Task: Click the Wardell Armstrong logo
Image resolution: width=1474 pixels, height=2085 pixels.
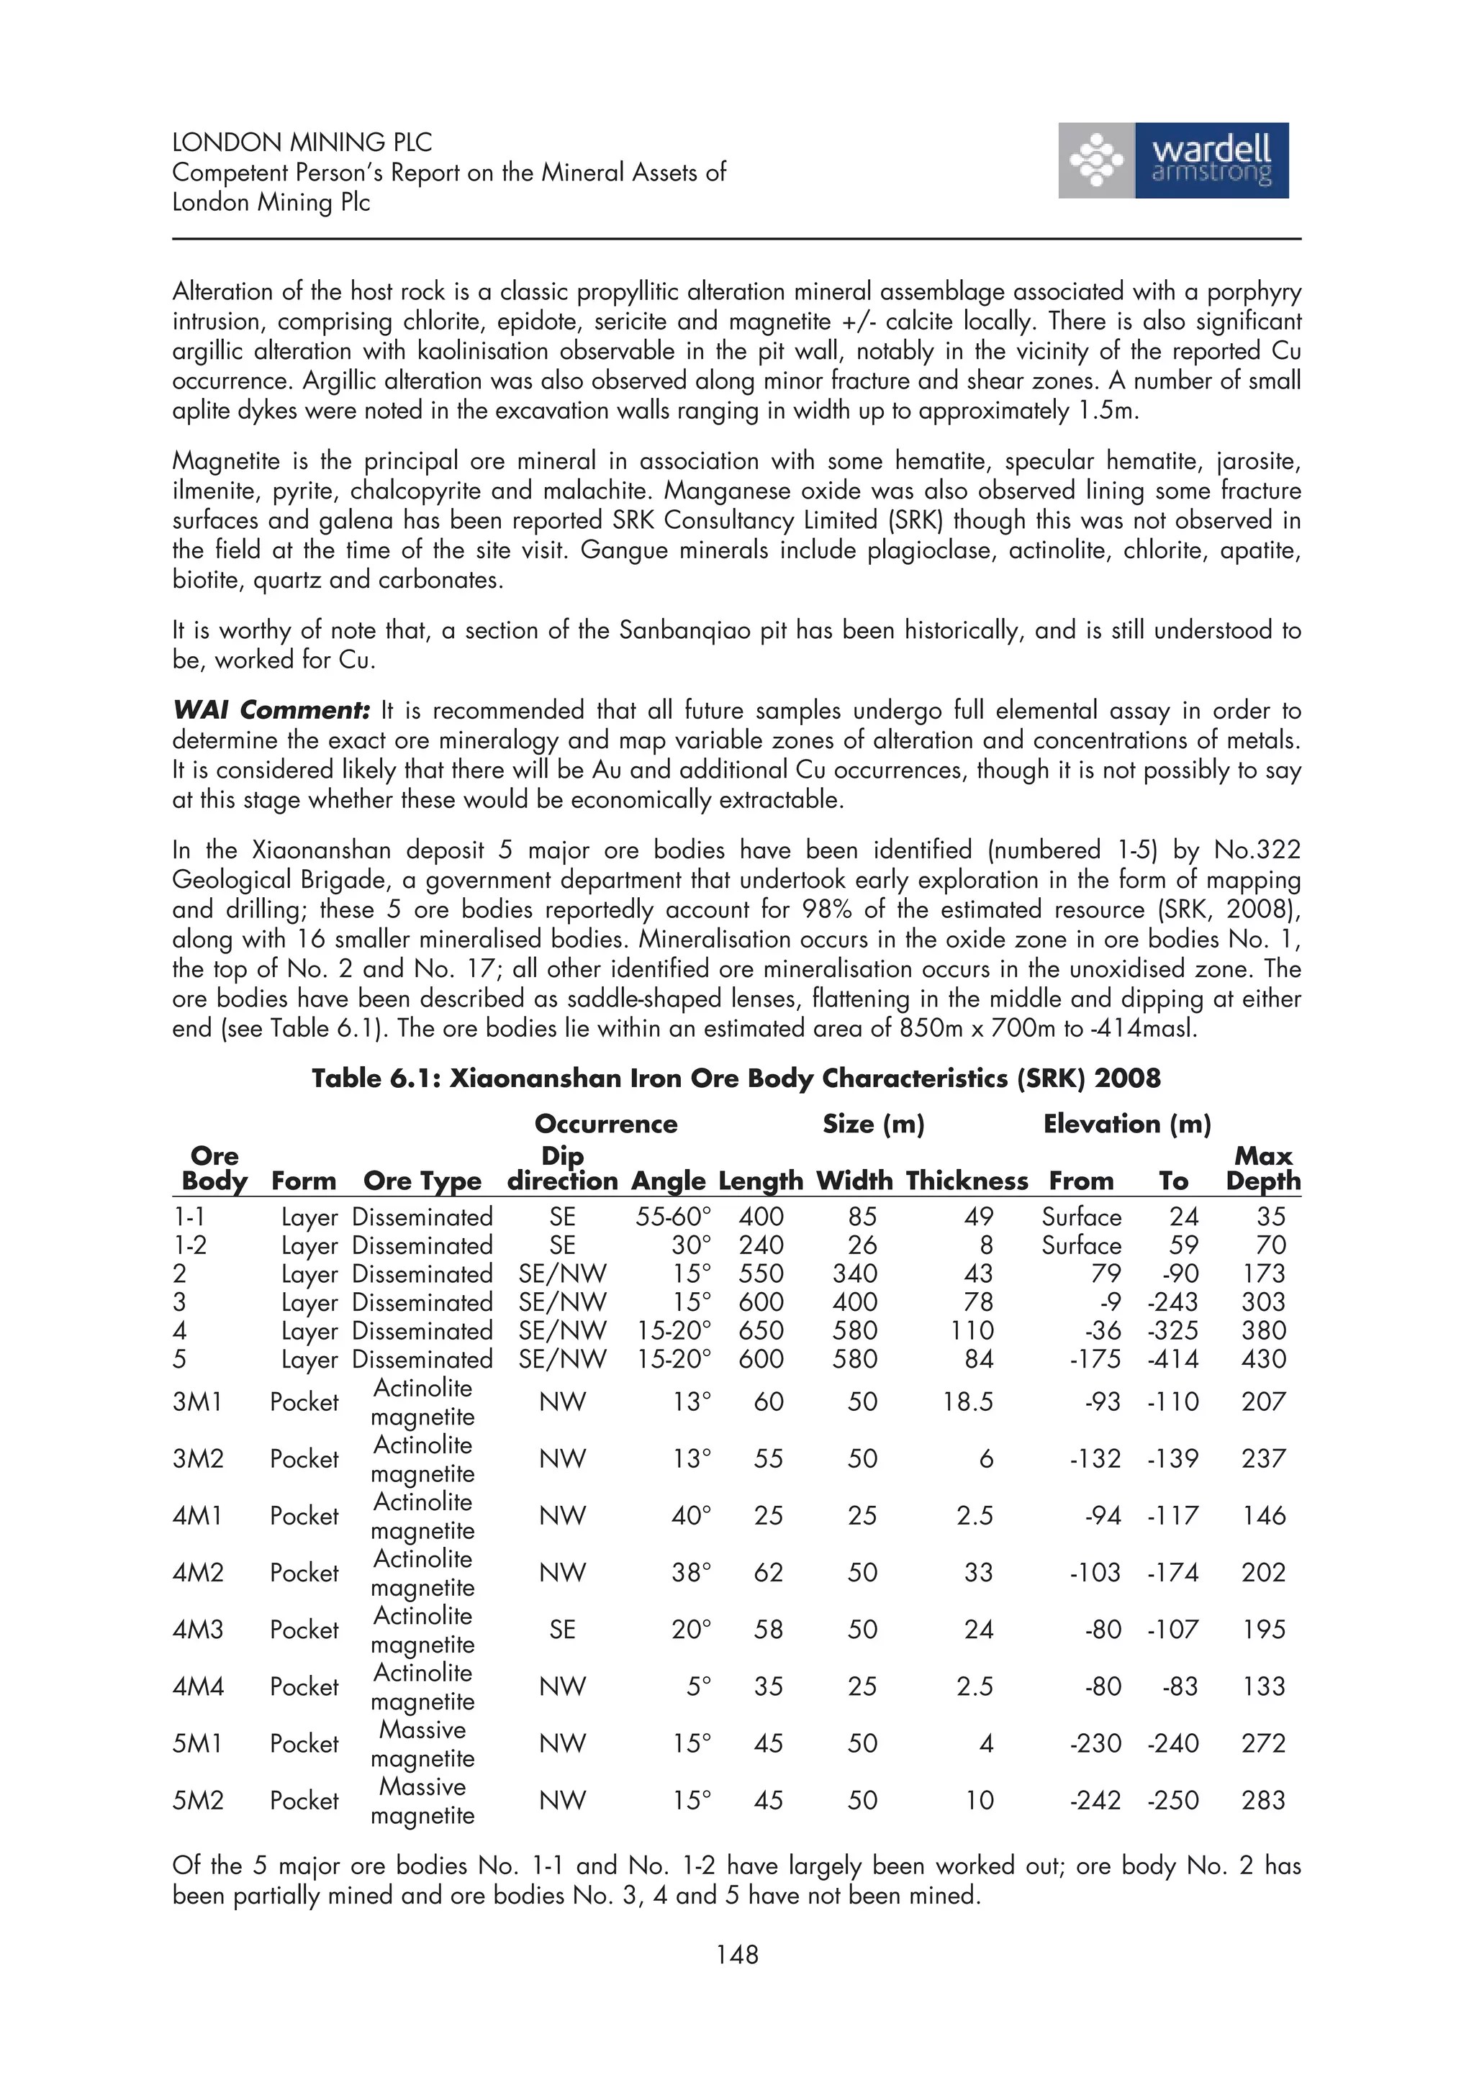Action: coord(1172,160)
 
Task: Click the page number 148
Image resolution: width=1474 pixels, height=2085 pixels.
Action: coord(736,1954)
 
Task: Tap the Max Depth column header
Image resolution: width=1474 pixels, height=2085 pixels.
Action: coord(1262,1168)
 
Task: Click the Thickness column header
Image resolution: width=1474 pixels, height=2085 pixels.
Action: coord(967,1181)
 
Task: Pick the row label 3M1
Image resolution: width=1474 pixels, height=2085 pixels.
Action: coord(197,1402)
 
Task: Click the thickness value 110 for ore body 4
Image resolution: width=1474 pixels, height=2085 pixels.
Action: coord(972,1330)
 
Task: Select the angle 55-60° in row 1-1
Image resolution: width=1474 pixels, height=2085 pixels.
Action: coord(673,1217)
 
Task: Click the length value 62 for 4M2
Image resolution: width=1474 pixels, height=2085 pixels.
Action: coord(769,1573)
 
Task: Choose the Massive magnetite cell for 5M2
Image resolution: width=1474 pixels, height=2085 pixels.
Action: coord(422,1801)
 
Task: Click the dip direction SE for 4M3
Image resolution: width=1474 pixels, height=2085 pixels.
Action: coord(562,1630)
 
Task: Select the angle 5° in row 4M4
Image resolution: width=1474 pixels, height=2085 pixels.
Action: coord(698,1686)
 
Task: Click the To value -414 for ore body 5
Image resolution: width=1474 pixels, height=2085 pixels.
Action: coord(1172,1360)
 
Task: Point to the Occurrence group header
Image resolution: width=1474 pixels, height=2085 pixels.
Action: coord(606,1125)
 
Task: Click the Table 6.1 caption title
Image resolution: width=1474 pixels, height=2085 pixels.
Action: coord(736,1078)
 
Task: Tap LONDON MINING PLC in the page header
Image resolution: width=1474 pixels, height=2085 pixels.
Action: coord(302,142)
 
